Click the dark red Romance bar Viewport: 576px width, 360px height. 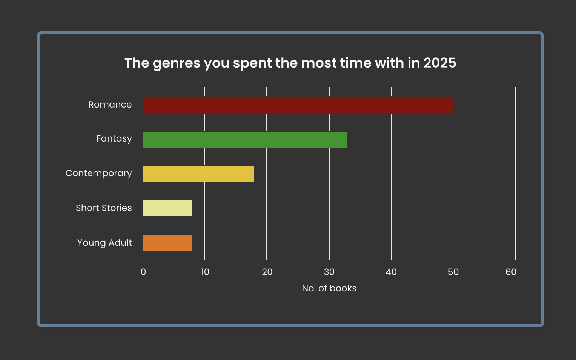click(298, 105)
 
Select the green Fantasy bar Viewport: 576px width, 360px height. click(245, 140)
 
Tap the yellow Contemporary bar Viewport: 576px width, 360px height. click(198, 174)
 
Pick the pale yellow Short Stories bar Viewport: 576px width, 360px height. click(167, 208)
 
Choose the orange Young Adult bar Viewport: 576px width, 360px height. click(167, 243)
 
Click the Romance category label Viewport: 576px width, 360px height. click(110, 105)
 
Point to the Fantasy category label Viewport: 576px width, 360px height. click(114, 139)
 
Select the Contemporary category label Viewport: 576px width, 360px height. click(98, 174)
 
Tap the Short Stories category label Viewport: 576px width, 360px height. click(104, 208)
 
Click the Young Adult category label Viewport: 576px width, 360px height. click(104, 243)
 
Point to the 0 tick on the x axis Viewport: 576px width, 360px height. click(143, 272)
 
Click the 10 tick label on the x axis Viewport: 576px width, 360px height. click(205, 272)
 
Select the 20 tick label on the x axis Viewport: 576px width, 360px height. click(267, 272)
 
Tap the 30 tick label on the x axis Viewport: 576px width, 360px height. click(329, 272)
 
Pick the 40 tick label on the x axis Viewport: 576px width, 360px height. click(391, 272)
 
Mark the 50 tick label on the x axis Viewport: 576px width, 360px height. click(453, 272)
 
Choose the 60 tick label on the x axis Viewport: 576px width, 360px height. click(511, 272)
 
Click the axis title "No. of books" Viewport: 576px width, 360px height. click(329, 288)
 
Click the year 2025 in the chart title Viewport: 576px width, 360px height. click(439, 63)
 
